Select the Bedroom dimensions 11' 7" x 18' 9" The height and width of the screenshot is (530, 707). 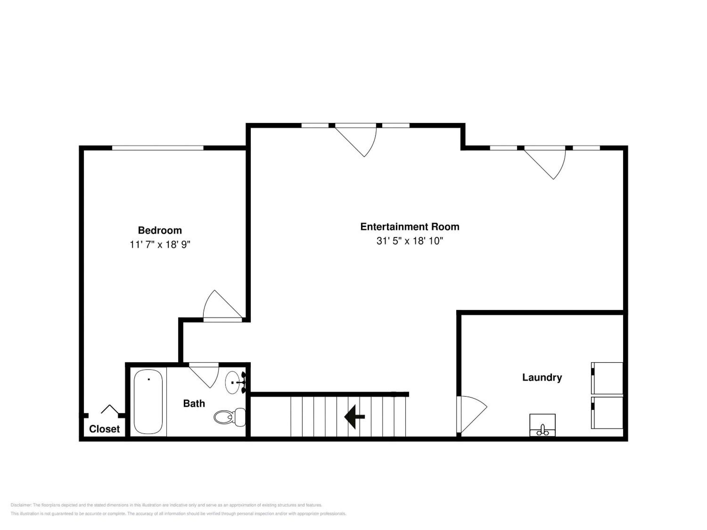tap(160, 244)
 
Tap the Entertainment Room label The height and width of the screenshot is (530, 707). tap(410, 226)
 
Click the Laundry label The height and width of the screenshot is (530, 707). tap(542, 377)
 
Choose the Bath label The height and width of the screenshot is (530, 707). tap(194, 403)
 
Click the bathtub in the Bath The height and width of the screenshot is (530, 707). tap(148, 402)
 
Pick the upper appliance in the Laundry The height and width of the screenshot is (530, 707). tap(607, 378)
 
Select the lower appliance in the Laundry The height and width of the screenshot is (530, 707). tap(607, 413)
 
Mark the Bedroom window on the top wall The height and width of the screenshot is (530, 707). tap(158, 148)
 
